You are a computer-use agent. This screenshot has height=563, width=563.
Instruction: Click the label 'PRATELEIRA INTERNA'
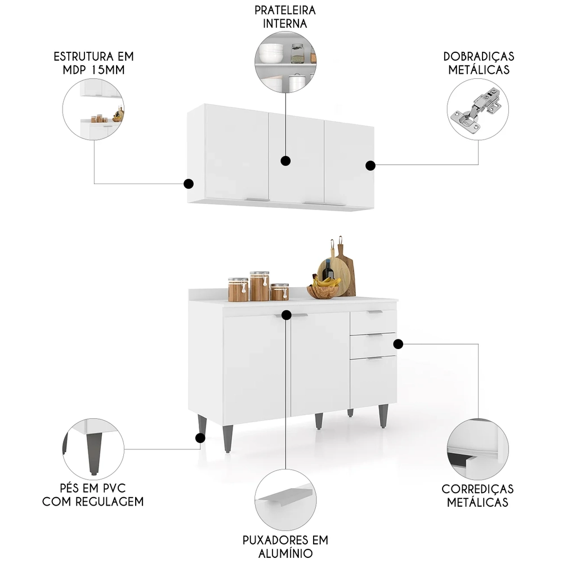285,17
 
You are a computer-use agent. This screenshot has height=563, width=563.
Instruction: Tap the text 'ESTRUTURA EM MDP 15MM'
94,63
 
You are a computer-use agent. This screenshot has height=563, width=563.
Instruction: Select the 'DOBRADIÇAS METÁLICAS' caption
479,63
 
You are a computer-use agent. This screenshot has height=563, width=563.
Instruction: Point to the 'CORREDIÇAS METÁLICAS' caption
477,495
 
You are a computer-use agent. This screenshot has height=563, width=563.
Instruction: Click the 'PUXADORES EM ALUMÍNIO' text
285,546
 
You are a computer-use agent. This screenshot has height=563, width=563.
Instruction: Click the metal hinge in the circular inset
477,110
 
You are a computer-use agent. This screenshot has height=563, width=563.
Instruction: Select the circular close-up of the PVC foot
93,449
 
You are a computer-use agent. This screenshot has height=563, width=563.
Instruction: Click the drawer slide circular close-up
478,449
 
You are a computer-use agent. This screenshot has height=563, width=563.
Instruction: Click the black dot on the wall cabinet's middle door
285,161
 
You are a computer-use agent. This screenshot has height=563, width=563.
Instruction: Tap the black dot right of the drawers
398,343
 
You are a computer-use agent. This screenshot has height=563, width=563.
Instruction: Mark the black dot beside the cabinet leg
199,437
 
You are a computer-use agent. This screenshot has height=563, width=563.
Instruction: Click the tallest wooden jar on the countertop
260,286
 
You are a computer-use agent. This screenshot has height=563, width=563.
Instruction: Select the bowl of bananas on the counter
324,289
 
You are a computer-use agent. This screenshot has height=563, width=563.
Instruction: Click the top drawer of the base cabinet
373,321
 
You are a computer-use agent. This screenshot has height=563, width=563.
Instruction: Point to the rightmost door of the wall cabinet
348,163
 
